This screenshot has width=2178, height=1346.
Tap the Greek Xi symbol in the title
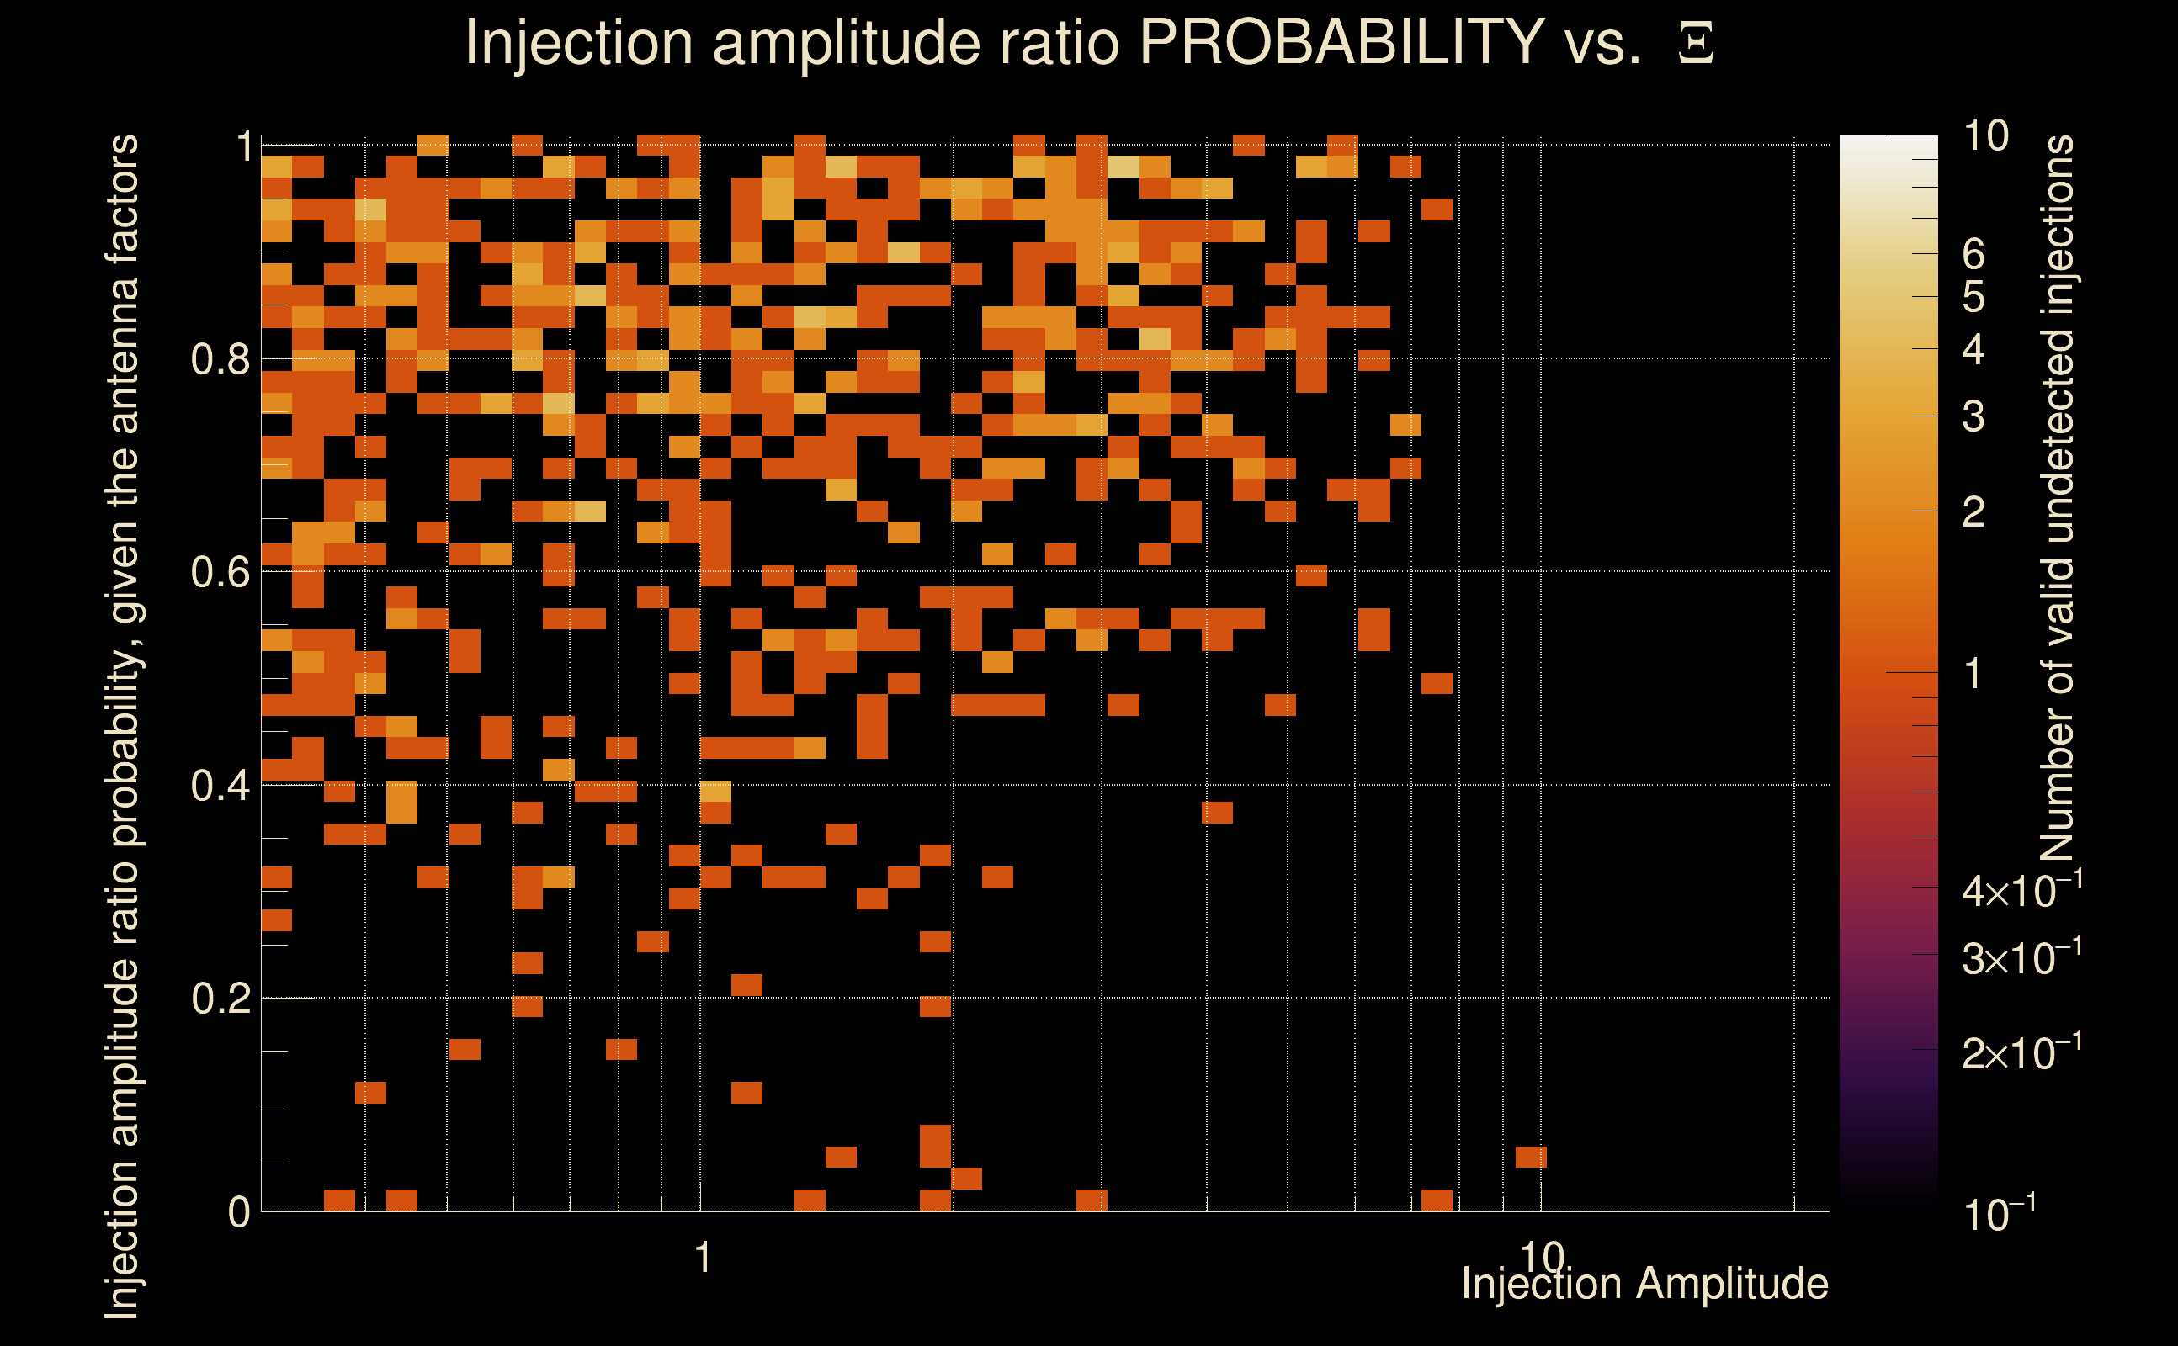coord(1696,43)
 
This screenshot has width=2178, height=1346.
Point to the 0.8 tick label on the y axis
coord(220,360)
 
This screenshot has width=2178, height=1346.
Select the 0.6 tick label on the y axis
coord(220,572)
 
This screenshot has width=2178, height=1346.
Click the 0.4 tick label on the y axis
coord(220,786)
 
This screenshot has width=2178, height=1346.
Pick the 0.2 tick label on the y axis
coord(220,999)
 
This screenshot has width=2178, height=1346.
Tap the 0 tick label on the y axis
coord(239,1212)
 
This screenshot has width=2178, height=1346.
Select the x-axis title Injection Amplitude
coord(1644,1284)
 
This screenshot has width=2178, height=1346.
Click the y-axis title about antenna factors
coord(122,726)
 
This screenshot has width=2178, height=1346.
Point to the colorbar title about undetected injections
coord(2057,499)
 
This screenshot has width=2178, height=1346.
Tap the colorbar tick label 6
coord(1973,255)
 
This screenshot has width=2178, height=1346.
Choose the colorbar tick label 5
coord(1973,297)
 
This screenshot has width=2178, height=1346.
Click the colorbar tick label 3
coord(1973,416)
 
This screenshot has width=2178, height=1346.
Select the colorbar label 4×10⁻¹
coord(2021,890)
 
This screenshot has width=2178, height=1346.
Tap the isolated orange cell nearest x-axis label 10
coord(1531,1157)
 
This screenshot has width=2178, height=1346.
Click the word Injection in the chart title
coord(579,42)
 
